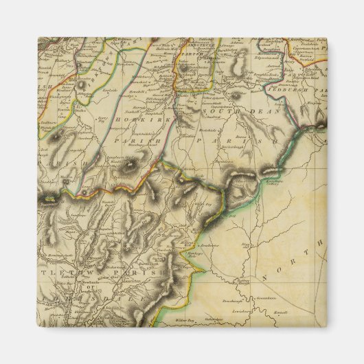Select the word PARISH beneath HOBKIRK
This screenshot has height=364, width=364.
click(134, 143)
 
